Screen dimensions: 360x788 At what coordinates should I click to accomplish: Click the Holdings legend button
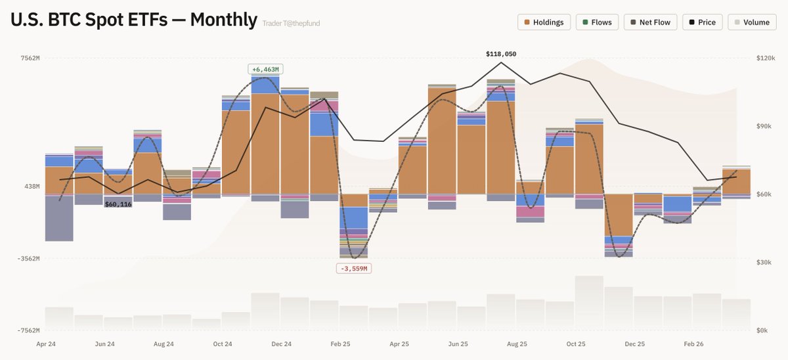(x=544, y=22)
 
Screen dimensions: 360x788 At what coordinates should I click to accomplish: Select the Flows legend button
(x=596, y=22)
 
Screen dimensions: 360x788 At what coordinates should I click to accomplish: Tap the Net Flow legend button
(x=650, y=22)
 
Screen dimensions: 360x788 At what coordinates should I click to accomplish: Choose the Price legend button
(x=702, y=22)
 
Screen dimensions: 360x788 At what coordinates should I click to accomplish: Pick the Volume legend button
(x=751, y=22)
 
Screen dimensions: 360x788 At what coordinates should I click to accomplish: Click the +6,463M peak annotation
(x=265, y=69)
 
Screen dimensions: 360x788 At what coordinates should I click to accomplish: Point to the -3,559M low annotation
(x=354, y=268)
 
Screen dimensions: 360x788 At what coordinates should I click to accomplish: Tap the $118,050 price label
(x=501, y=54)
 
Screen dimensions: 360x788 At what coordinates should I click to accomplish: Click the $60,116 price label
(x=118, y=204)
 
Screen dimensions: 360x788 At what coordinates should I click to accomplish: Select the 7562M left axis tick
(x=29, y=58)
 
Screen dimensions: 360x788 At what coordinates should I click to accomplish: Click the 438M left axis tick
(x=31, y=187)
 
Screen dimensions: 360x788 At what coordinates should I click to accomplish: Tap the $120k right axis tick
(x=766, y=58)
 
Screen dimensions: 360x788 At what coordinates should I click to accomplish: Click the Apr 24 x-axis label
(x=45, y=344)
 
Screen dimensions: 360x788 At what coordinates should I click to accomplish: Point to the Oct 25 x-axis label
(x=575, y=344)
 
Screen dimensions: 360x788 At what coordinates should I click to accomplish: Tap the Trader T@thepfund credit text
(x=291, y=24)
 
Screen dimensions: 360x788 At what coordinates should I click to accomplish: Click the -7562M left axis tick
(x=28, y=330)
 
